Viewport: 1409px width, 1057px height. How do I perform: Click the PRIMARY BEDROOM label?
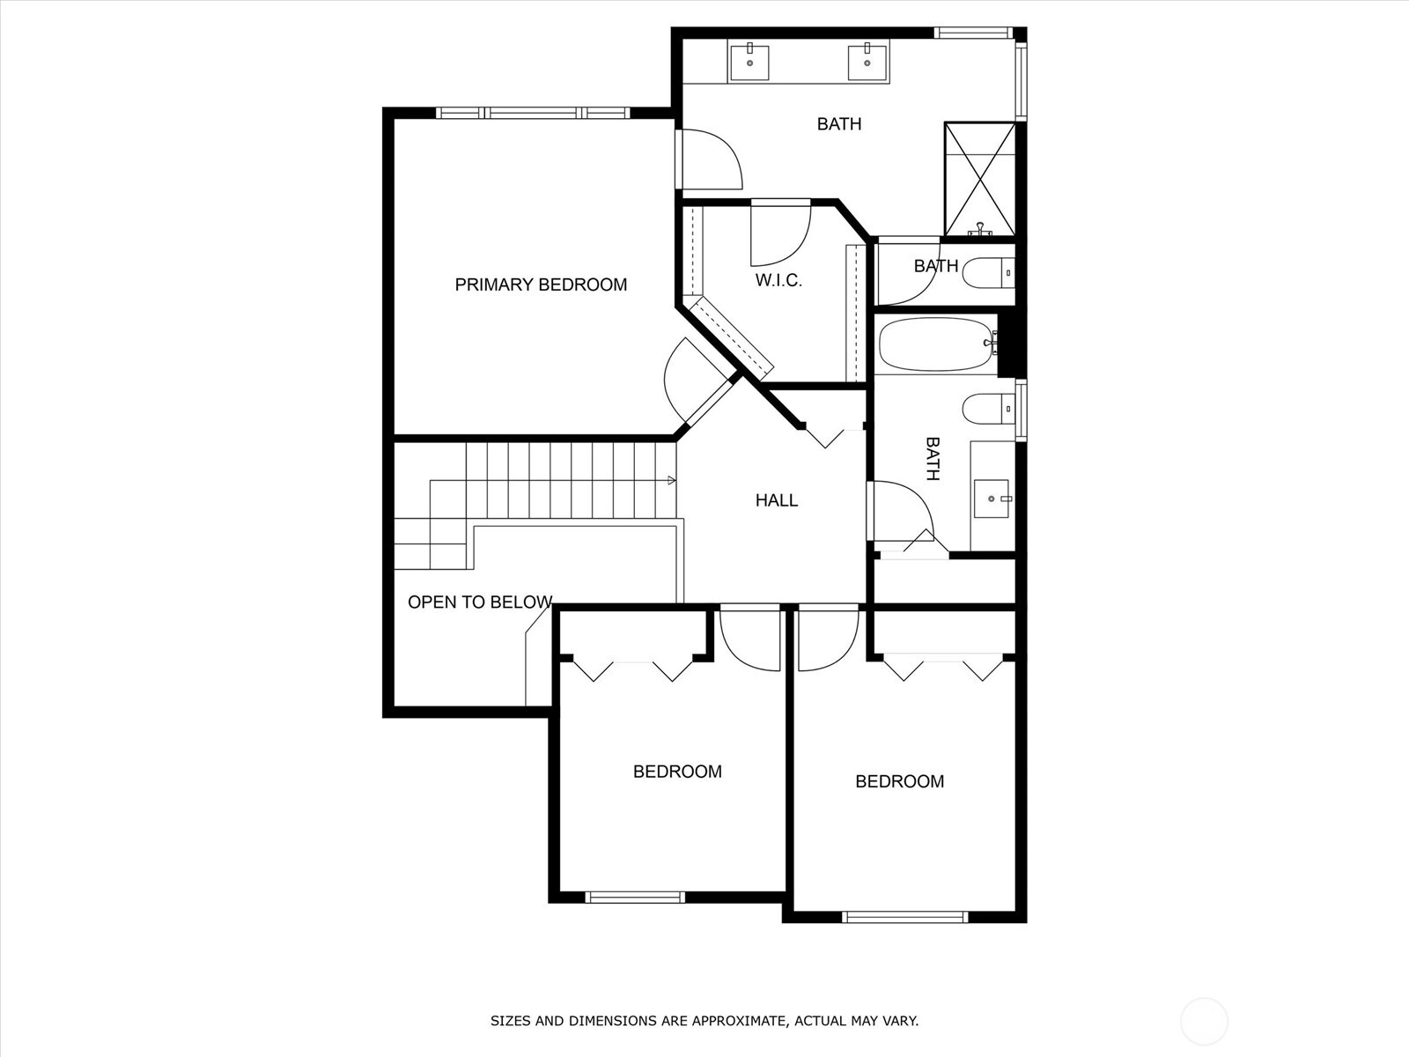(x=541, y=285)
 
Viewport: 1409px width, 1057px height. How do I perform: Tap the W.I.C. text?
(x=778, y=280)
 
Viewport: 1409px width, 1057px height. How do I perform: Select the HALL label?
(x=776, y=500)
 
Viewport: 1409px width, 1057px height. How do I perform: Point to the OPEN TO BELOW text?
(x=480, y=602)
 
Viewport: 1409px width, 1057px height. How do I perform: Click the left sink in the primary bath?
(x=749, y=60)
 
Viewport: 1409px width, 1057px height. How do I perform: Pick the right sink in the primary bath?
(x=867, y=60)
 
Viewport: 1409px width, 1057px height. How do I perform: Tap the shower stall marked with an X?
(x=979, y=179)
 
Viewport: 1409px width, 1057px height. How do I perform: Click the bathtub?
(x=937, y=344)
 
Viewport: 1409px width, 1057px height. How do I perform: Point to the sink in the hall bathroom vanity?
(x=991, y=498)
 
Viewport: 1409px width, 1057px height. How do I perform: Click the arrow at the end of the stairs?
(x=671, y=480)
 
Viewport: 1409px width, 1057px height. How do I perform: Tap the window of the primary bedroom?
(x=533, y=113)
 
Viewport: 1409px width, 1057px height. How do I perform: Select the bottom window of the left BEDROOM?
(x=634, y=898)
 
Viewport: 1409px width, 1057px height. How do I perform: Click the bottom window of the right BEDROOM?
(x=904, y=917)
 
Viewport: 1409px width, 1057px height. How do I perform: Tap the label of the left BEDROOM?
(x=677, y=772)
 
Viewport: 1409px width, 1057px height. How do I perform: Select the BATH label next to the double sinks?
(x=839, y=124)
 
